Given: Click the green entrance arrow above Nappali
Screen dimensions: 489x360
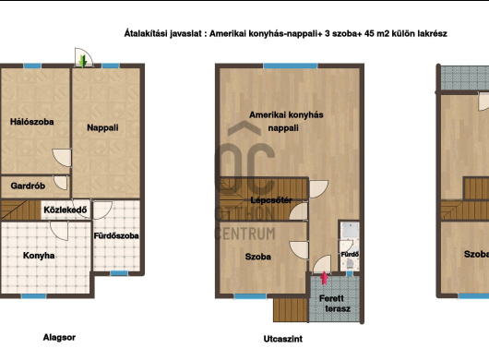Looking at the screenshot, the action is (83, 61).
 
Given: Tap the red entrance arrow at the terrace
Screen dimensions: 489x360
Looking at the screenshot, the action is (325, 278).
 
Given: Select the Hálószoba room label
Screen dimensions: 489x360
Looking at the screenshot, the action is (31, 122).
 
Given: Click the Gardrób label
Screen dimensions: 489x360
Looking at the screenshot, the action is (28, 186).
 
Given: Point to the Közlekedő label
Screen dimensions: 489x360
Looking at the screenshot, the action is (66, 210).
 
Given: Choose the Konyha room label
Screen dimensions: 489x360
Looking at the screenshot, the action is (39, 256).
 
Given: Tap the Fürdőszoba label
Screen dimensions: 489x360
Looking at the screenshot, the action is (116, 235).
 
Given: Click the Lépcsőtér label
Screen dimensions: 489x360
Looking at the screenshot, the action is (271, 200).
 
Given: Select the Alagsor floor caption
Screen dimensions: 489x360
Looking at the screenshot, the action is (59, 337).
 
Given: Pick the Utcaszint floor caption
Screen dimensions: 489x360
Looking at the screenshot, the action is (283, 339).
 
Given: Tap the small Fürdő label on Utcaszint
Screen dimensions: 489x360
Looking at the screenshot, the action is (350, 254).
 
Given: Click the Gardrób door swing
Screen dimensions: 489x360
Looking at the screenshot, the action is (61, 183).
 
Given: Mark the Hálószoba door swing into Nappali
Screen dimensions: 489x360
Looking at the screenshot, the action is (63, 158).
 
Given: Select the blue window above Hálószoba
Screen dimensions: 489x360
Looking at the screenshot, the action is (32, 66).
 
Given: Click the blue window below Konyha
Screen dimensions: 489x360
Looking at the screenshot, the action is (34, 296).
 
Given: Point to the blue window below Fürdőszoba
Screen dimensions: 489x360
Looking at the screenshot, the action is (119, 273).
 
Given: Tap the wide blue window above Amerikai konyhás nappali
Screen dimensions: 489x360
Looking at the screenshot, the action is (291, 66).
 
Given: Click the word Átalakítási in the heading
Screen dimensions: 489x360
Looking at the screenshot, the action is (146, 33).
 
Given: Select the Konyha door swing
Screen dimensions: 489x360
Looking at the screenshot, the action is (59, 231).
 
